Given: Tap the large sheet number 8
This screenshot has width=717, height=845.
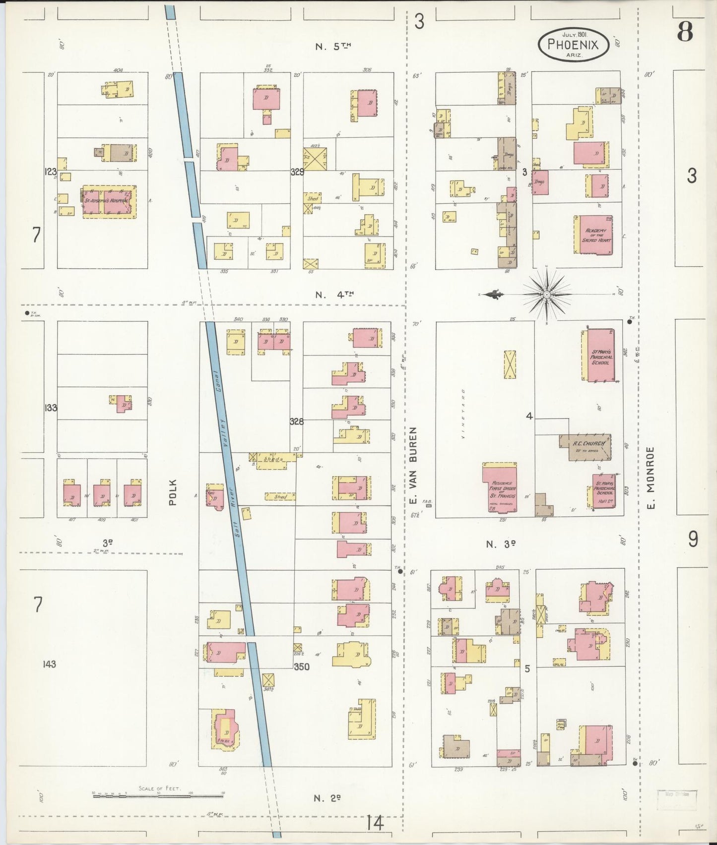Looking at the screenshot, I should (x=685, y=32).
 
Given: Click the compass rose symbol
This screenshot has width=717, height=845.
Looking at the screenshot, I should (x=546, y=295).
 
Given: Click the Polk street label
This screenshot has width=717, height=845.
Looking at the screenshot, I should (x=173, y=491).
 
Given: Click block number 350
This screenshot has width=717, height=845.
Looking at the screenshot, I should (x=301, y=666).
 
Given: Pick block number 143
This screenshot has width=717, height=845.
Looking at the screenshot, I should (x=50, y=664).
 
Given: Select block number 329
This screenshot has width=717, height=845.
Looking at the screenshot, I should (x=297, y=172).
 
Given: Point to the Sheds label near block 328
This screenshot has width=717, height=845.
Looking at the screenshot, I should (x=273, y=459).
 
